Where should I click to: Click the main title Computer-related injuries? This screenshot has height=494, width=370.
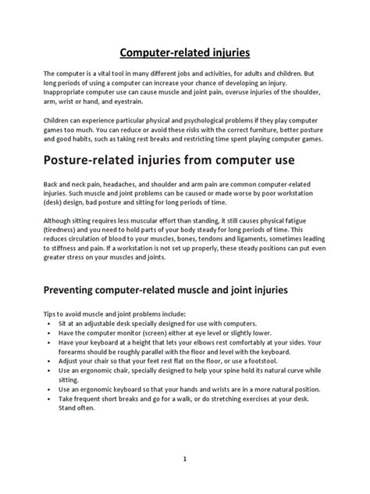tap(184, 54)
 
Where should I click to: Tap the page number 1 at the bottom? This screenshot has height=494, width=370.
tap(185, 460)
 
